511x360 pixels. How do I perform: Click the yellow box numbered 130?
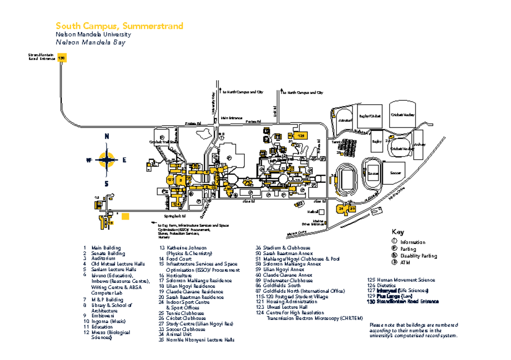[62, 59]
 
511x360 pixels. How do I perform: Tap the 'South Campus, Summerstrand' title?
[120, 26]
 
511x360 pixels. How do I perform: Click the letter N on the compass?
[106, 137]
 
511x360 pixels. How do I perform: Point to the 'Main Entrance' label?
[232, 118]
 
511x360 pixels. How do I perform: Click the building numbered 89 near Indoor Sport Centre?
[352, 209]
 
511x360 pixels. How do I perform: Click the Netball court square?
[322, 211]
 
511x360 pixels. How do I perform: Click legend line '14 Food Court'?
[172, 258]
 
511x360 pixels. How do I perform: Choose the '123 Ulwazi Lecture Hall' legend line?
[281, 307]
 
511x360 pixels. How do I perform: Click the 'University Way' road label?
[213, 103]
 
